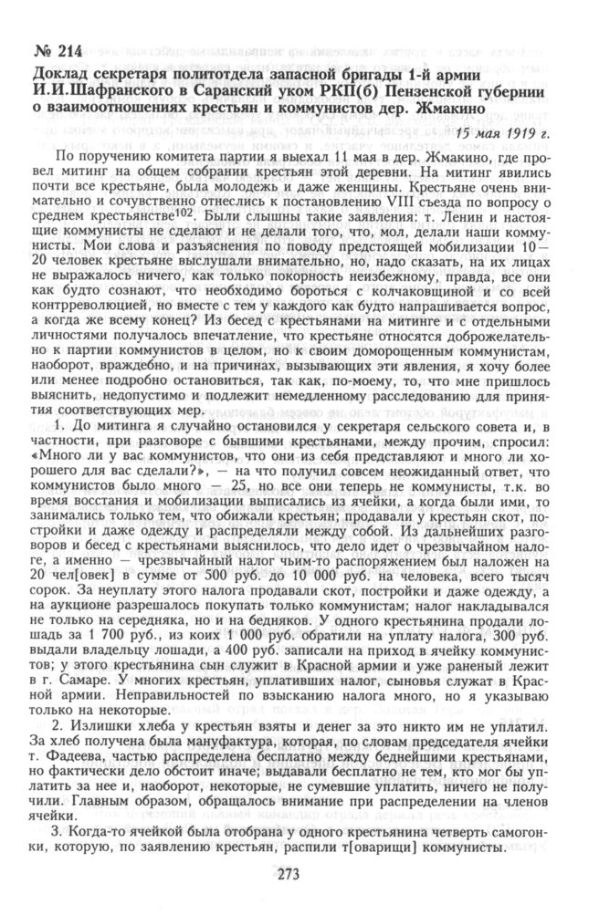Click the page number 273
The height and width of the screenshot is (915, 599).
coord(298,880)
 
